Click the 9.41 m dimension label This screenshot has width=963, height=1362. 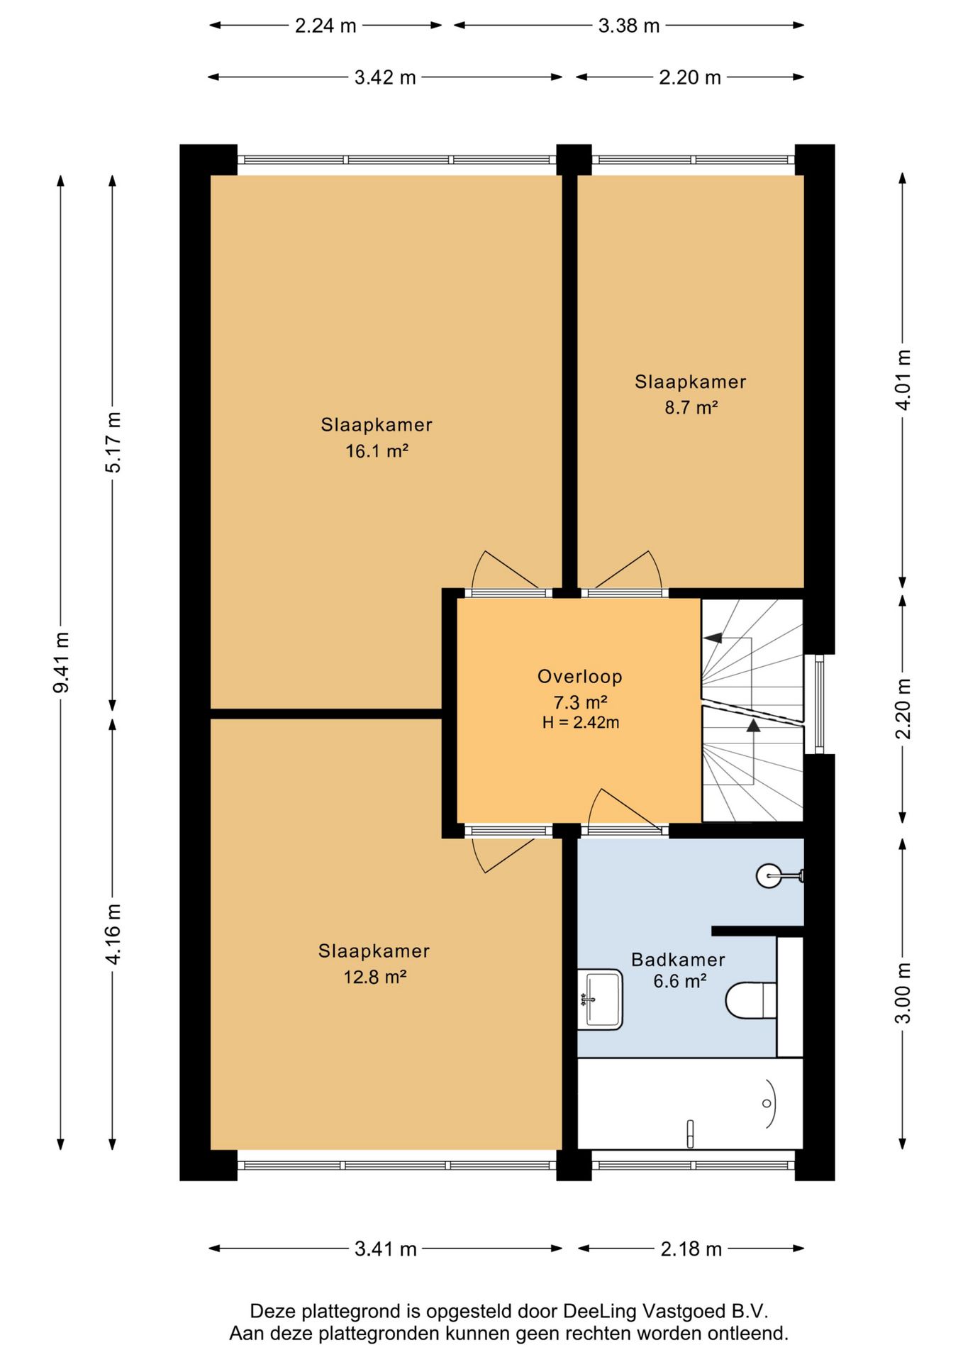coord(62,662)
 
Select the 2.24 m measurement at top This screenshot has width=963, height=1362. coord(325,26)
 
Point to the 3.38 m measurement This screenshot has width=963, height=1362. coord(629,26)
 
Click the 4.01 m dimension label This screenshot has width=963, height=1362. coord(903,380)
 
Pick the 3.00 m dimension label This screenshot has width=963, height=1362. coord(903,993)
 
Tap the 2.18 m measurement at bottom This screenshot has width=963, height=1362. coord(691,1249)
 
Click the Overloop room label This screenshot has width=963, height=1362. coord(580,677)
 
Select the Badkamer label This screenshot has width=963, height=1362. coord(678,960)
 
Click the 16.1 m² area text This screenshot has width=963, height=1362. coord(377,451)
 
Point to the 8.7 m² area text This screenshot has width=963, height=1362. coord(691,408)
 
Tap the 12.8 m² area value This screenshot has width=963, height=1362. coord(374,978)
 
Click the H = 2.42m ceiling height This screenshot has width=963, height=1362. coord(581,723)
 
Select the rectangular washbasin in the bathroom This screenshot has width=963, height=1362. coord(600,1000)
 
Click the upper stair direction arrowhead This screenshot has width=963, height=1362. coord(713,638)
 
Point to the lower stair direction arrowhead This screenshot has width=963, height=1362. coord(753,725)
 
